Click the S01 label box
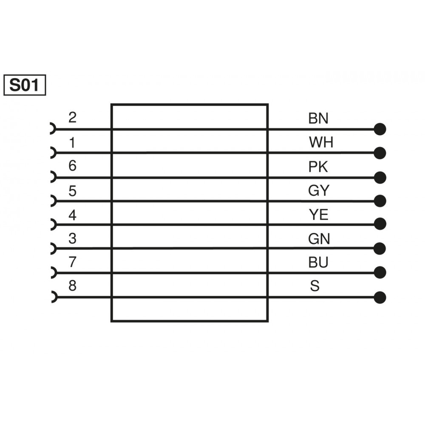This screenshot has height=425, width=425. [24, 85]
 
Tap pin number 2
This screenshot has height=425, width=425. [72, 117]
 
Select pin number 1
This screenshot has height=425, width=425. [72, 142]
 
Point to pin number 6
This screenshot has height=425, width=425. [72, 166]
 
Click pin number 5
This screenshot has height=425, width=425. [72, 191]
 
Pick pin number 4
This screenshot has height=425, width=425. [72, 215]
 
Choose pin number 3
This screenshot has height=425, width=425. [72, 238]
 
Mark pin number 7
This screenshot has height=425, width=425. [72, 262]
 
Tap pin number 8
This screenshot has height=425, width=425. [72, 286]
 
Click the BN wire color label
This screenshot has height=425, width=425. [318, 118]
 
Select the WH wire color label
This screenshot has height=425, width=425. [321, 142]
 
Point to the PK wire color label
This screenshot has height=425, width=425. [318, 167]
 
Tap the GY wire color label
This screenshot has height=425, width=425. [319, 191]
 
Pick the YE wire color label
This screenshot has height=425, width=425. [318, 215]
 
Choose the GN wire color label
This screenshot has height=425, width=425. [319, 239]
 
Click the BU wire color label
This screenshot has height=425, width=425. [318, 263]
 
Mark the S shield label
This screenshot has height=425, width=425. [314, 286]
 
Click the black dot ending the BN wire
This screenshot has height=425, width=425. [380, 129]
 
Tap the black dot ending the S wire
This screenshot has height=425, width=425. [380, 297]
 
